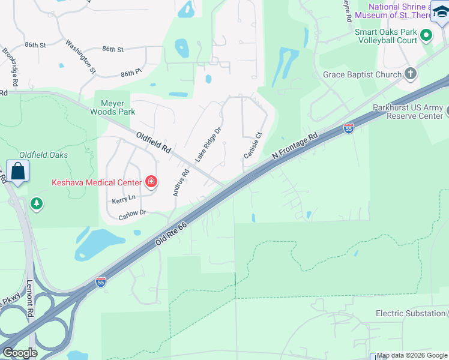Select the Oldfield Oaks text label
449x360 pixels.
tap(43, 155)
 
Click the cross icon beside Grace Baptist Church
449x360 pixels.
tap(411, 74)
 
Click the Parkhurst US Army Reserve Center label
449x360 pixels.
tap(407, 112)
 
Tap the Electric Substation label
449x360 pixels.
tap(411, 313)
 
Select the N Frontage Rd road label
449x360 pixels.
tap(294, 146)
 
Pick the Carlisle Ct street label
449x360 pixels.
tap(253, 146)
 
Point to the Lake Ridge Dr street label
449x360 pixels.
tap(208, 145)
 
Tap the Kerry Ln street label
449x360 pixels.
tap(124, 198)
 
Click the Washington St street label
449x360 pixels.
tap(81, 56)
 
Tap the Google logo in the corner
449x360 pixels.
tap(20, 353)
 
